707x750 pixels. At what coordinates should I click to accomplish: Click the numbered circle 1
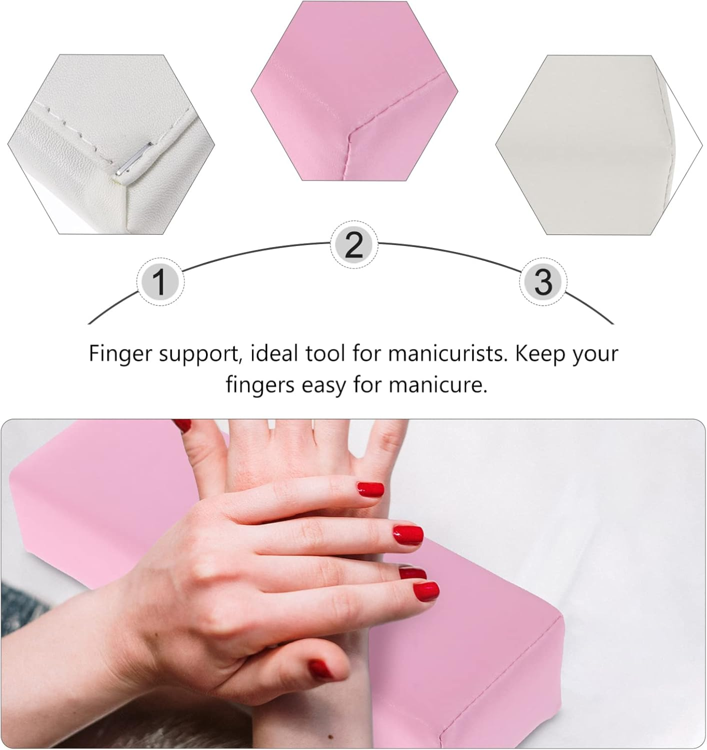160,282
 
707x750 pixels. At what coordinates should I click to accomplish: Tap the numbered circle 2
354,245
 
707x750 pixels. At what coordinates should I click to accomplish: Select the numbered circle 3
543,281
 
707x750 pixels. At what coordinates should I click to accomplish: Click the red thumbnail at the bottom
321,668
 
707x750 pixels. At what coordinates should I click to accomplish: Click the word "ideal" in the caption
272,353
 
